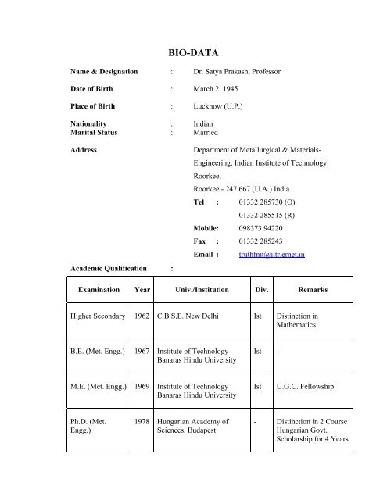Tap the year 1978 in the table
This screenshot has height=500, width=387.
[x=142, y=422]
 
